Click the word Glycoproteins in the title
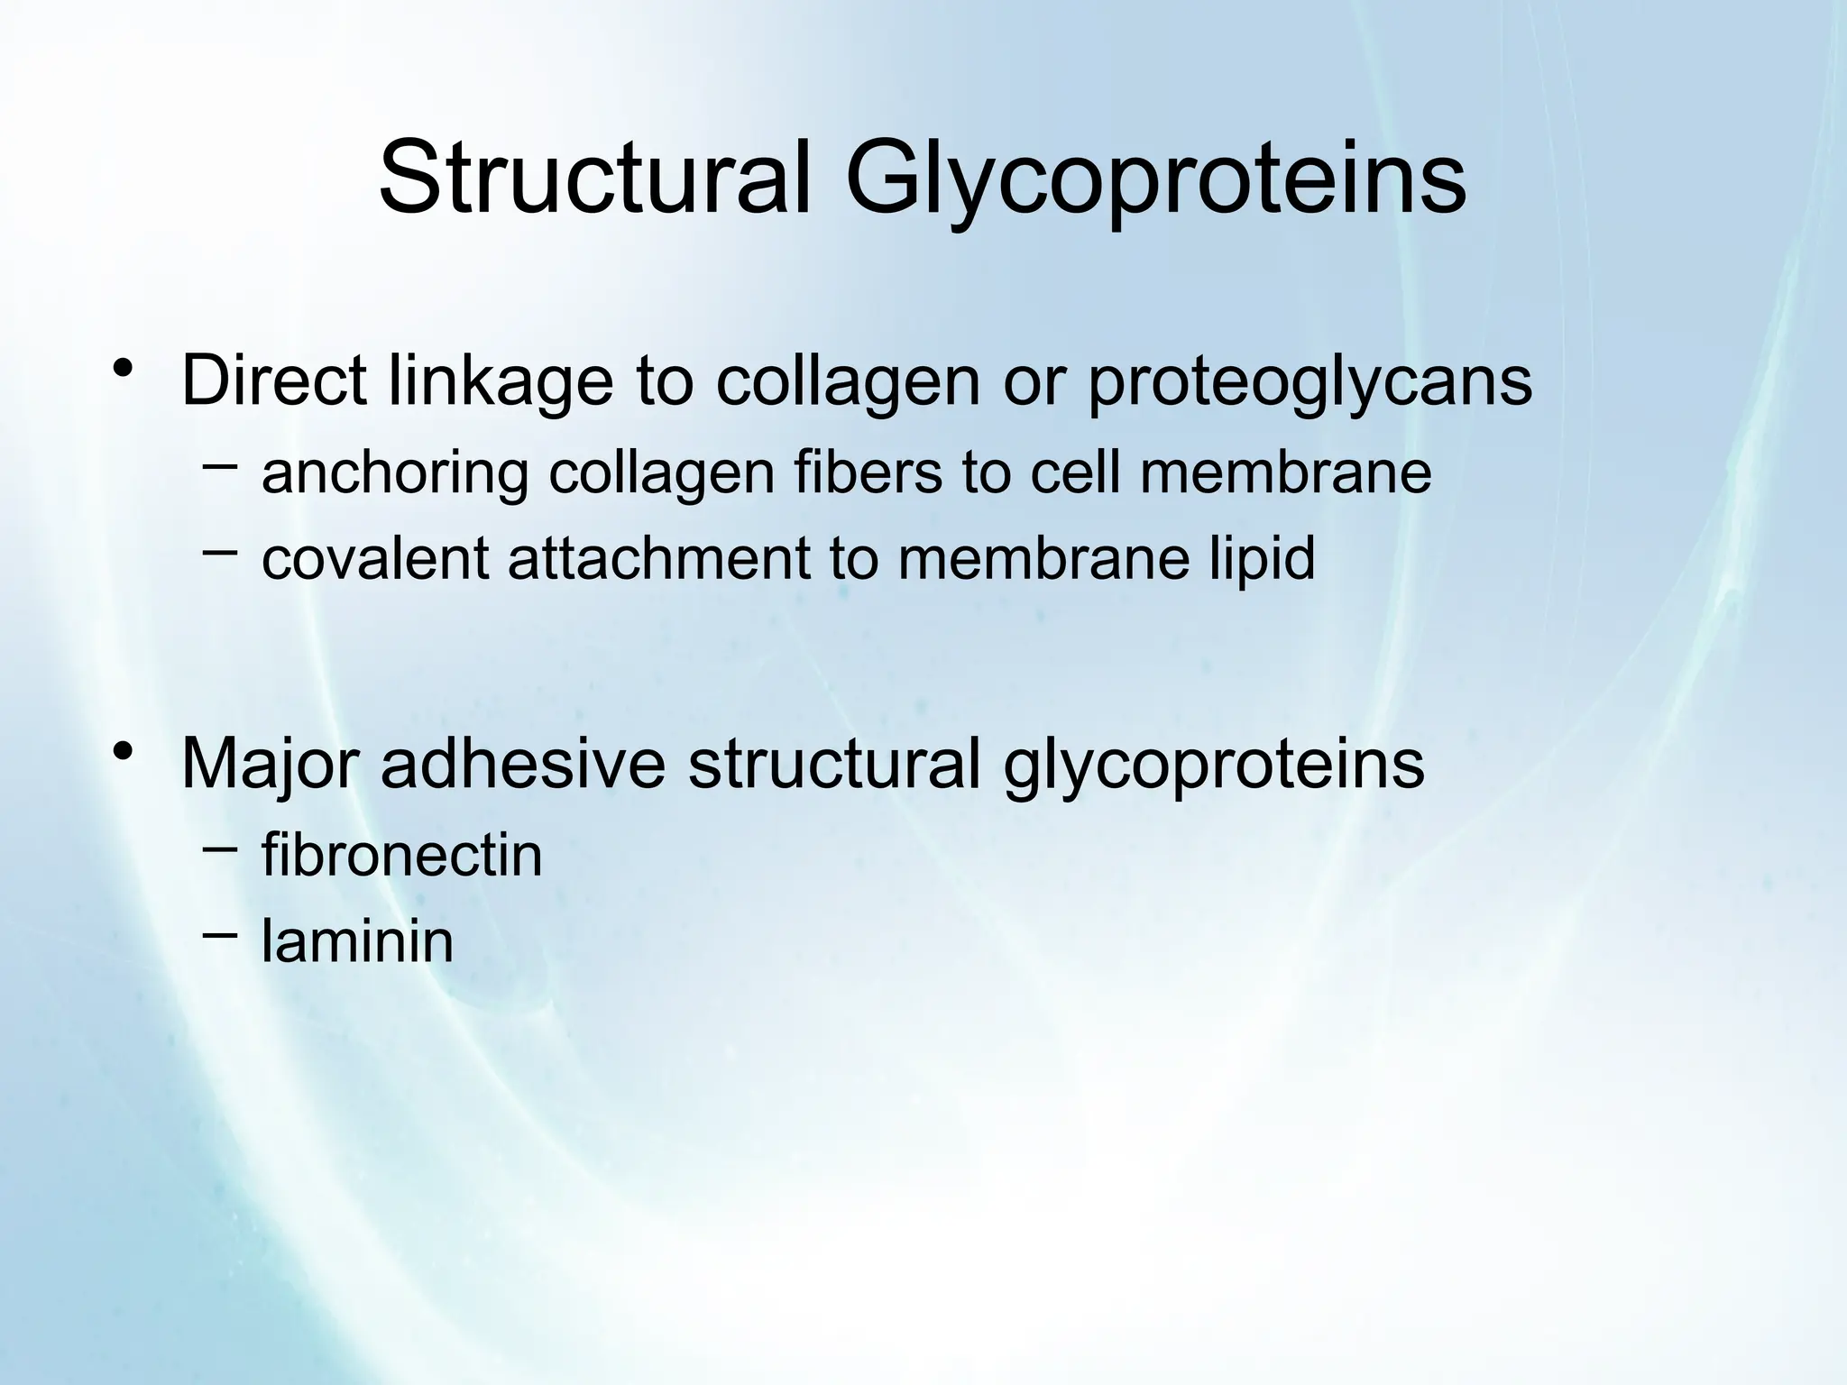pyautogui.click(x=1155, y=178)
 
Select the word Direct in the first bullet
pyautogui.click(x=273, y=381)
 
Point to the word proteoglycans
pyautogui.click(x=1309, y=381)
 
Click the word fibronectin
pyautogui.click(x=402, y=854)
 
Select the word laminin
pyautogui.click(x=357, y=940)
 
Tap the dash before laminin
pyautogui.click(x=220, y=934)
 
